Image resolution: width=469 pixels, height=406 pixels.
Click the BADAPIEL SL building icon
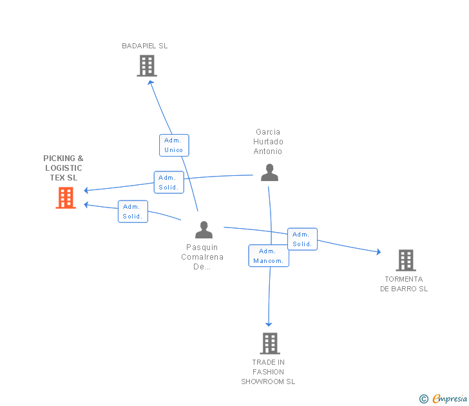(x=147, y=66)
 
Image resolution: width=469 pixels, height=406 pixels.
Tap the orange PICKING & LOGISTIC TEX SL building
(x=66, y=198)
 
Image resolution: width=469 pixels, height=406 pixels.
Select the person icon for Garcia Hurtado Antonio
(x=269, y=172)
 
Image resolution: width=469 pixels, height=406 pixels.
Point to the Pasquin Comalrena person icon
(x=204, y=229)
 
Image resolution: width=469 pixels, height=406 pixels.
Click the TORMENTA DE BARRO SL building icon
(x=405, y=260)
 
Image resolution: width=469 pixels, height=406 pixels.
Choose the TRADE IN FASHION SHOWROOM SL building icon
(x=269, y=343)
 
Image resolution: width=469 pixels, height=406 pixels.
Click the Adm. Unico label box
(x=174, y=145)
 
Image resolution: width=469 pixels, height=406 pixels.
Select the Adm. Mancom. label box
(x=269, y=256)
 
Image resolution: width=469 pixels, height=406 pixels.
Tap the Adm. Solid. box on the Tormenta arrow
(x=302, y=239)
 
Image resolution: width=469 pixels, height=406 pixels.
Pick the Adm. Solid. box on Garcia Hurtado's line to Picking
(x=169, y=182)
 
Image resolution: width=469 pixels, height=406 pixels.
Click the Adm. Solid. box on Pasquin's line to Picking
(x=133, y=211)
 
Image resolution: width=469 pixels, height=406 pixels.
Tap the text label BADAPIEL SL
(x=145, y=46)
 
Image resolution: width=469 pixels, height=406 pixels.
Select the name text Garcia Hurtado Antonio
(x=268, y=142)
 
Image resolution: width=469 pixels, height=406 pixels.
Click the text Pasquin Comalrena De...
(x=202, y=256)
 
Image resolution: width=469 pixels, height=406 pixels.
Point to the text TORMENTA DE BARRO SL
(x=404, y=284)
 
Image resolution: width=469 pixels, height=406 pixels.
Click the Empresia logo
(x=450, y=399)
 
